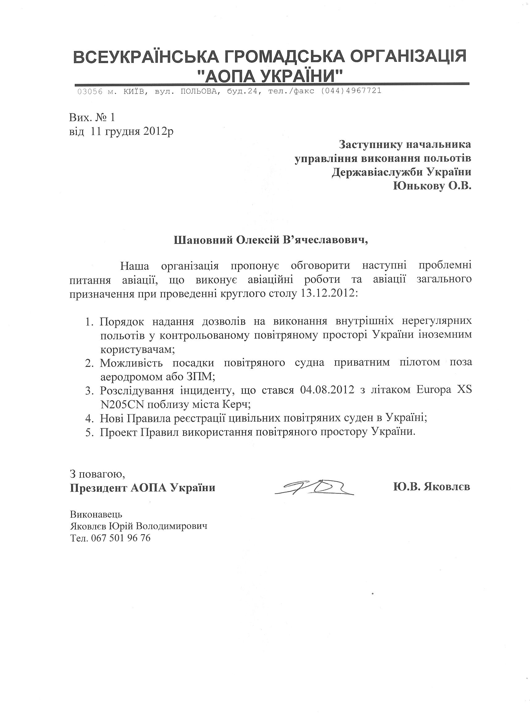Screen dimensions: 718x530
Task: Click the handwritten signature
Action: [x=314, y=487]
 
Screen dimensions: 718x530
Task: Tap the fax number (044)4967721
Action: [x=351, y=91]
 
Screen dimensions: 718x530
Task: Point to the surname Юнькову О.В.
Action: [x=432, y=186]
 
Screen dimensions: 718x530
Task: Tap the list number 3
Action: [x=89, y=391]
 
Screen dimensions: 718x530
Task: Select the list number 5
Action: [x=89, y=432]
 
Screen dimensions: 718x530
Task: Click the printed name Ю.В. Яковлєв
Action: [x=431, y=486]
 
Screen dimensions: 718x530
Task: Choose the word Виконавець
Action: [x=96, y=514]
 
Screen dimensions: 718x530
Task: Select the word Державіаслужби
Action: [x=376, y=172]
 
